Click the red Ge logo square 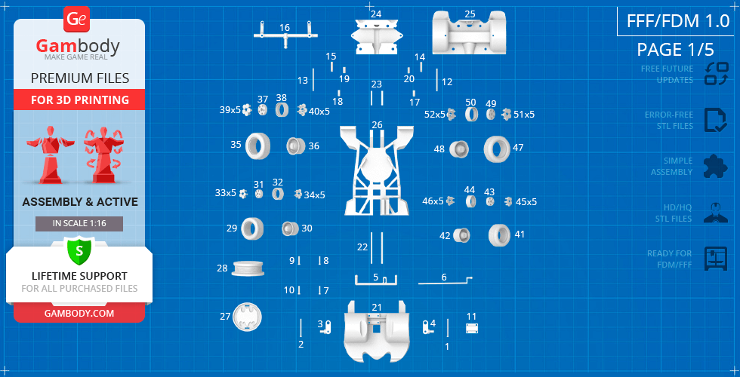[x=76, y=20]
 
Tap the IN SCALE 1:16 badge [x=79, y=224]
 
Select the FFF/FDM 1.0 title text [x=678, y=21]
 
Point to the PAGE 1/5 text [x=675, y=50]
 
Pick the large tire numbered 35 [x=257, y=146]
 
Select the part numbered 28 [x=248, y=268]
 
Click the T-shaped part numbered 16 [x=285, y=34]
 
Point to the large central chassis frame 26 [x=376, y=170]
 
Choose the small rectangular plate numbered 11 [x=472, y=328]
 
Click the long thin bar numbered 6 [x=445, y=282]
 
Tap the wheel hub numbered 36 [x=296, y=146]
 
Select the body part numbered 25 [x=469, y=32]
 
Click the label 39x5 [x=230, y=110]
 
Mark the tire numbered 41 [x=499, y=235]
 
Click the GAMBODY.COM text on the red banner [x=79, y=314]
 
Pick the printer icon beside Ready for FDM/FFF [x=716, y=258]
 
